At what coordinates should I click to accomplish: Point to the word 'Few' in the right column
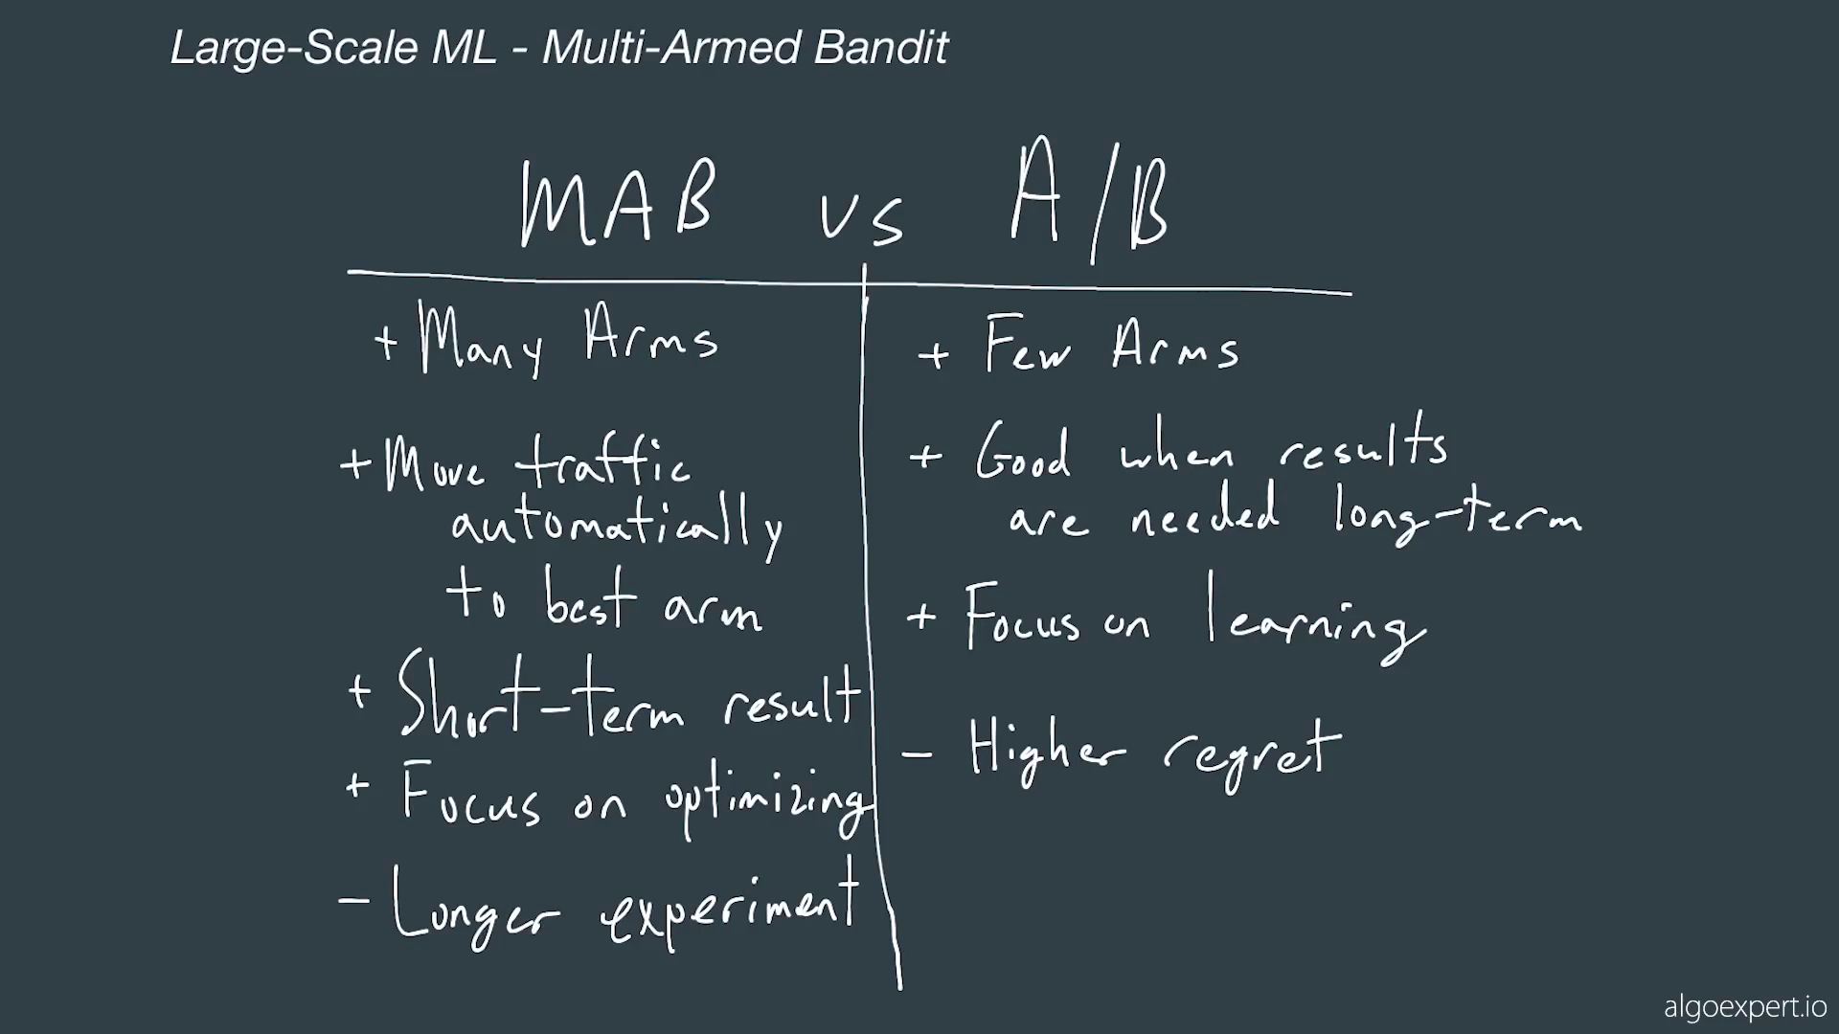point(1028,345)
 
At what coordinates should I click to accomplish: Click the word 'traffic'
point(602,461)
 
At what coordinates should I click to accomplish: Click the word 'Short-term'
point(541,696)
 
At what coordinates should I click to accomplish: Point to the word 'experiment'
point(730,908)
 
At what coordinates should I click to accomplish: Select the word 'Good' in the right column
point(1023,452)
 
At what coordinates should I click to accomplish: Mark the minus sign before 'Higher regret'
point(917,754)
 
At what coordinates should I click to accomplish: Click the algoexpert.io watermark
point(1745,1007)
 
